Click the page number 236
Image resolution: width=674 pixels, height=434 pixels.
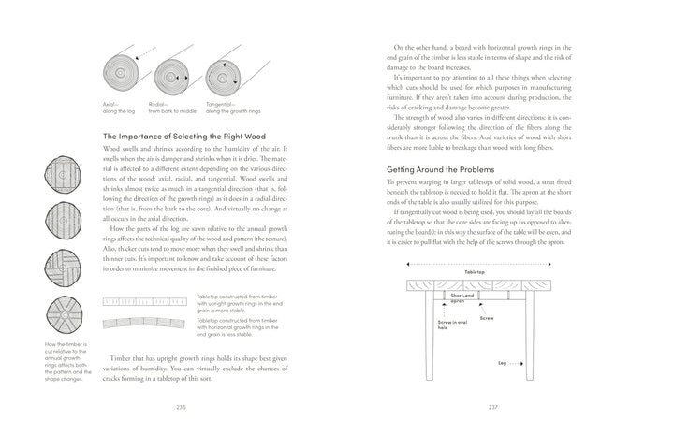182,408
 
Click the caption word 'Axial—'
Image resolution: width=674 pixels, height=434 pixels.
111,105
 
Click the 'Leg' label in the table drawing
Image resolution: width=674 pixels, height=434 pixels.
502,362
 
